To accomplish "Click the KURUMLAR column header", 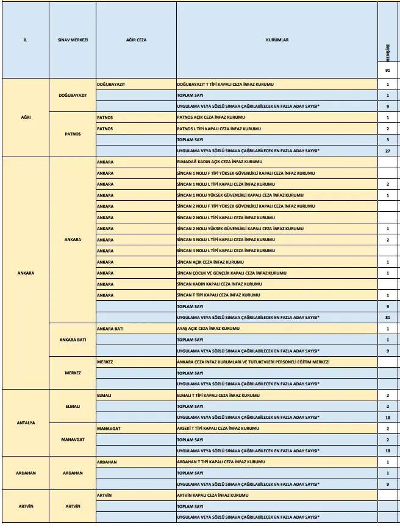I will (277, 40).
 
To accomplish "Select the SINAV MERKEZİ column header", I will (73, 40).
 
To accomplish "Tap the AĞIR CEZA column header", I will (136, 40).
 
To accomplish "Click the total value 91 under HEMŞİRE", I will (387, 71).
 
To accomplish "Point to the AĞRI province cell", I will (26, 117).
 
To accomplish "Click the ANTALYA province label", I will (26, 422).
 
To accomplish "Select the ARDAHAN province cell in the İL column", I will (26, 473).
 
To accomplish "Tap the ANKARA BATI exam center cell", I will (73, 340).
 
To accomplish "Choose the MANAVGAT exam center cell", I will (73, 440).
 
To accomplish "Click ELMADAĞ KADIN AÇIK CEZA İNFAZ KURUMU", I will (219, 162).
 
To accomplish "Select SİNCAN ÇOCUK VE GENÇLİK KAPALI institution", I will (231, 273).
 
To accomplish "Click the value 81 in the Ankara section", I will (387, 317).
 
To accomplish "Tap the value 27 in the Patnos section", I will (387, 150).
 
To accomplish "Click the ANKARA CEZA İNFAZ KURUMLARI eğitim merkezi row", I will (253, 362).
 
